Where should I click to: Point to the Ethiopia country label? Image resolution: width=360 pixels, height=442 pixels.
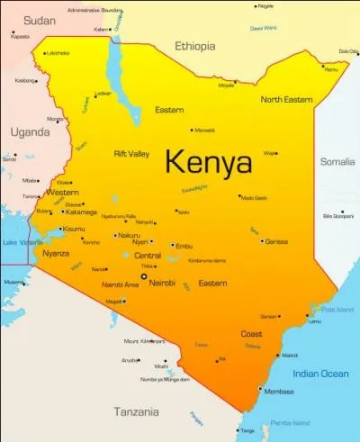pyautogui.click(x=195, y=45)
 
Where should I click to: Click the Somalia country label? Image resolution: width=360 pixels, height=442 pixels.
pyautogui.click(x=338, y=161)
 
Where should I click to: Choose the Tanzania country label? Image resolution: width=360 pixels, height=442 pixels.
pyautogui.click(x=136, y=411)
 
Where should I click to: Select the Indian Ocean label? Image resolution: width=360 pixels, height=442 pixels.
pyautogui.click(x=319, y=374)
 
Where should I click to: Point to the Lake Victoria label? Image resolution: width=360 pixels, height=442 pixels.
pyautogui.click(x=22, y=242)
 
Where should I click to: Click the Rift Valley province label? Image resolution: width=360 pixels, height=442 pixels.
pyautogui.click(x=131, y=154)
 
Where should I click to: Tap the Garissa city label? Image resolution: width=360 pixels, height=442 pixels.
pyautogui.click(x=276, y=241)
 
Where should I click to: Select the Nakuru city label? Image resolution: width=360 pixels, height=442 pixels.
pyautogui.click(x=129, y=235)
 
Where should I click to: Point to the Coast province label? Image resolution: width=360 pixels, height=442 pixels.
pyautogui.click(x=251, y=334)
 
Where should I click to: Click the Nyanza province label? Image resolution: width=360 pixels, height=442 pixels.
pyautogui.click(x=56, y=254)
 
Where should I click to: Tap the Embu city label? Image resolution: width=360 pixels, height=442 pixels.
pyautogui.click(x=184, y=245)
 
